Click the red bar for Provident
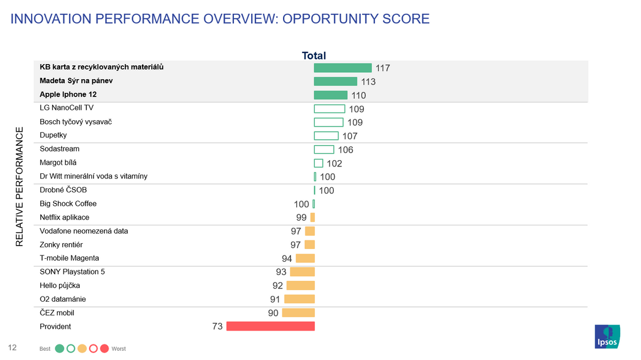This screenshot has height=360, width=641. click(270, 326)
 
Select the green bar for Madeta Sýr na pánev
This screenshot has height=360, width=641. click(336, 81)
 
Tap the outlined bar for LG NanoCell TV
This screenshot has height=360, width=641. click(329, 109)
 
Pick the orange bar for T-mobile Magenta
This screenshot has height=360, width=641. click(305, 258)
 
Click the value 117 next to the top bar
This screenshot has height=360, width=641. click(383, 68)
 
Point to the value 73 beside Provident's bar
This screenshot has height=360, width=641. click(218, 326)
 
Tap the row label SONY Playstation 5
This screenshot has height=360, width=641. click(72, 272)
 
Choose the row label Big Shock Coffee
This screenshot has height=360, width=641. click(68, 203)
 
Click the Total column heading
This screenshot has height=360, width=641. click(314, 55)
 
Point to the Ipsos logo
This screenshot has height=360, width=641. click(608, 337)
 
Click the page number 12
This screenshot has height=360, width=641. click(12, 347)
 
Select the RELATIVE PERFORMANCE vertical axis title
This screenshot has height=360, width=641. click(20, 187)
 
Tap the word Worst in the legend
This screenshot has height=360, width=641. click(118, 349)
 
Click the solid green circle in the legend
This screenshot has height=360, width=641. click(59, 348)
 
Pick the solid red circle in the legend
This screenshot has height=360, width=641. click(105, 348)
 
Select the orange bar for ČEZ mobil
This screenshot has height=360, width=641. click(298, 313)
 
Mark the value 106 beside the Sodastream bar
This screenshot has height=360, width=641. click(345, 150)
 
